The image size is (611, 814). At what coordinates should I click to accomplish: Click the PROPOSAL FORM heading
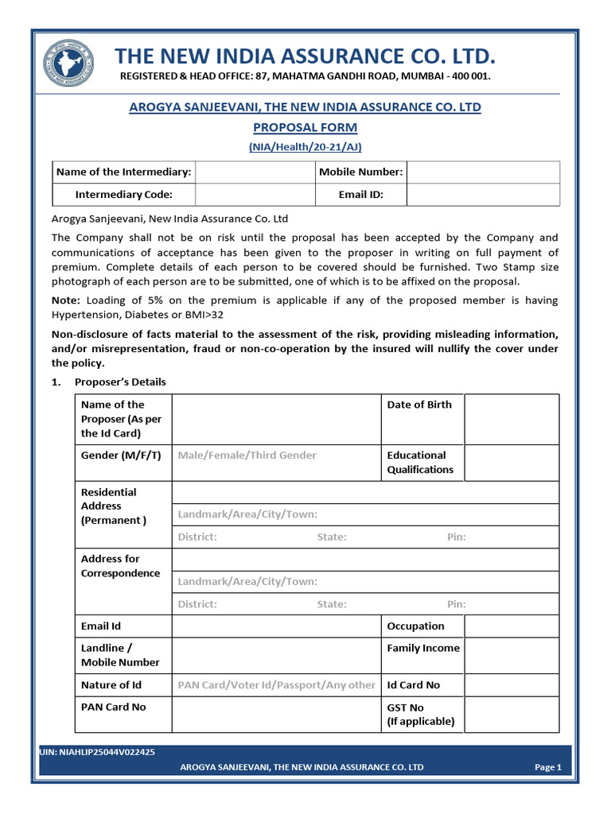point(305,127)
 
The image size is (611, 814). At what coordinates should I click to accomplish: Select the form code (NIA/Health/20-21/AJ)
point(305,146)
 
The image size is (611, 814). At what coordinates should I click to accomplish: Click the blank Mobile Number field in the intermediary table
point(484,172)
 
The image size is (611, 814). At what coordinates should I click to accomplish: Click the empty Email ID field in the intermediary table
point(484,194)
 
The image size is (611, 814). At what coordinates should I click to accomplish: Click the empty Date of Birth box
point(512,419)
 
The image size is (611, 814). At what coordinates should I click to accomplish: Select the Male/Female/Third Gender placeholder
point(247,455)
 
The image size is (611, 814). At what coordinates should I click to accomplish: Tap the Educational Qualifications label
point(420,462)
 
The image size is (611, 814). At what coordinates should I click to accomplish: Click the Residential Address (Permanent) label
point(113,506)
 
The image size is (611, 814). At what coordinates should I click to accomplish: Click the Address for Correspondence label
point(120,566)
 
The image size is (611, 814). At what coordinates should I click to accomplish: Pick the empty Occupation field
point(512,626)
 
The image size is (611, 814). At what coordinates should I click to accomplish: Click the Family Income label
point(423,648)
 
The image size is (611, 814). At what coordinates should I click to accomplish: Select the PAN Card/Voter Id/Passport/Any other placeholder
point(276,684)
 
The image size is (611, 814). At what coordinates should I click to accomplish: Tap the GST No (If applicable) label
point(420,714)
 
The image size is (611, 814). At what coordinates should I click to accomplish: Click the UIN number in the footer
point(97,751)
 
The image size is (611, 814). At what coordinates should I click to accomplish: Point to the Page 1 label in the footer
point(548,767)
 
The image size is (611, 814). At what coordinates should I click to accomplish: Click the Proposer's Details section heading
point(120,382)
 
